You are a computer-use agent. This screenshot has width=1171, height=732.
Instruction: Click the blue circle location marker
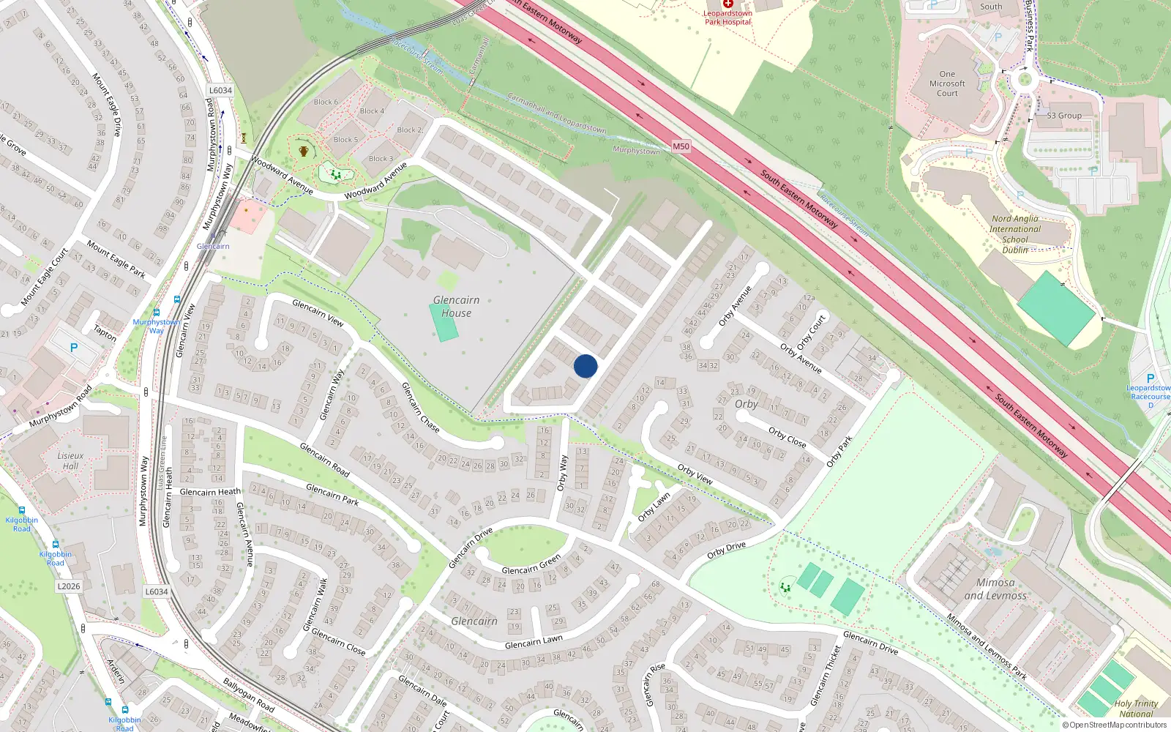coord(585,366)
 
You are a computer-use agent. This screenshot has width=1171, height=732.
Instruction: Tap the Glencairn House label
coord(456,307)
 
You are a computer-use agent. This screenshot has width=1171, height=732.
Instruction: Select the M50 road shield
coord(681,146)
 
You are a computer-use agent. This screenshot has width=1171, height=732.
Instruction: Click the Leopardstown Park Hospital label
coord(727,18)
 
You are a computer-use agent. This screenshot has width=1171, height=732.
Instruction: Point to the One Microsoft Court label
coord(947,83)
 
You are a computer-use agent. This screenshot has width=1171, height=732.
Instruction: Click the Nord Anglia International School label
coord(1015,234)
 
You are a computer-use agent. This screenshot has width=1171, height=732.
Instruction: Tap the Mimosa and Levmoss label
coord(995,589)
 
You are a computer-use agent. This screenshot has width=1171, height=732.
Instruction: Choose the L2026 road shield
coord(69,586)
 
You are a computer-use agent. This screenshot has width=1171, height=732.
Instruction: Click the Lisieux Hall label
coord(70,460)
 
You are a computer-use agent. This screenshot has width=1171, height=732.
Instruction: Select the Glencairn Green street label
coord(531,565)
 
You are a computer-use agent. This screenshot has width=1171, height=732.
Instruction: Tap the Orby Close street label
coord(787,437)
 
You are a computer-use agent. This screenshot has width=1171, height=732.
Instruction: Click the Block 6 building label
coord(326,102)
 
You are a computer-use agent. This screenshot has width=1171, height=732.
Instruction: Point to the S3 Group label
coord(1063,116)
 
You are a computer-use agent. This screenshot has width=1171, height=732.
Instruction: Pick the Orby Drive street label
coord(726,550)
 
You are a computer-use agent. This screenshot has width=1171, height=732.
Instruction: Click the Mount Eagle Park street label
coord(116,259)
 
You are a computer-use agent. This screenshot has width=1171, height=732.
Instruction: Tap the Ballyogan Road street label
coord(249,695)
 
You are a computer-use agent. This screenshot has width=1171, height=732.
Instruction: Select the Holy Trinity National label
coord(1136,709)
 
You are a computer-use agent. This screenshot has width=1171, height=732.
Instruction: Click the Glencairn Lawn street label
coord(534,642)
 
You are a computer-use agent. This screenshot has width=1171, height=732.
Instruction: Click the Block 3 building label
coord(381,158)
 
